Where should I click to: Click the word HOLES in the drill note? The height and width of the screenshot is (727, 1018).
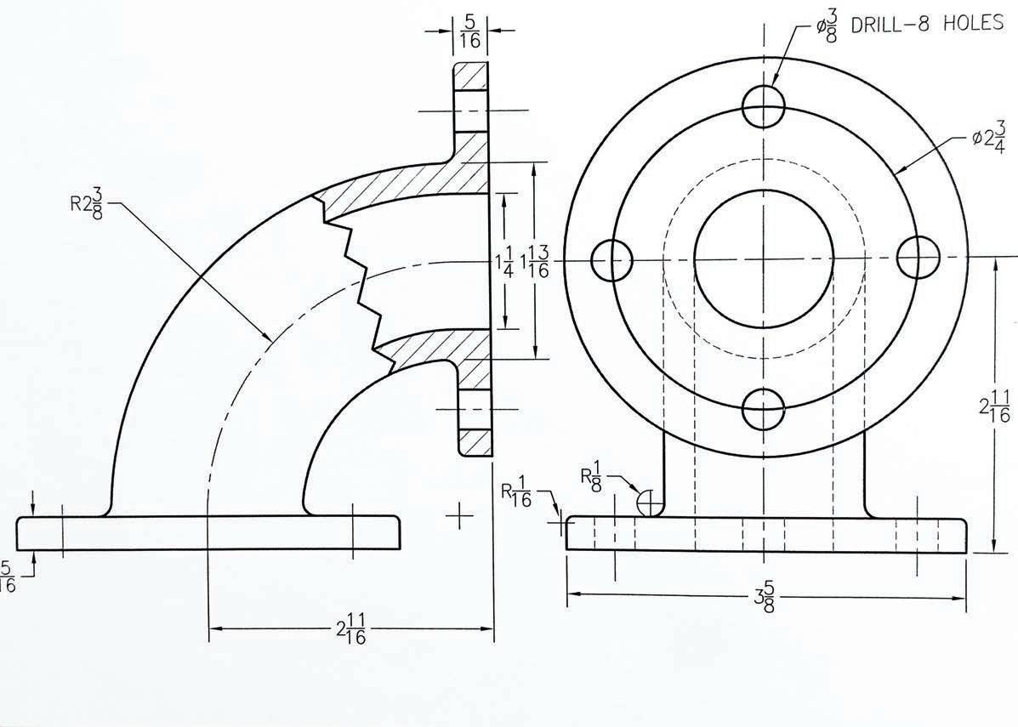point(973,23)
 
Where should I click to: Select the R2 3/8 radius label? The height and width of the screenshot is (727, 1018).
point(87,204)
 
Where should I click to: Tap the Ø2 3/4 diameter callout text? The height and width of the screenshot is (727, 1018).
point(988,139)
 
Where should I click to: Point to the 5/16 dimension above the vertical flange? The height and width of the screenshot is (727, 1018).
point(470,32)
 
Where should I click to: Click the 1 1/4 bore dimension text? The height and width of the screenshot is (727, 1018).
point(503,262)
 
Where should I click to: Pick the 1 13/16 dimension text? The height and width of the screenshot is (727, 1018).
point(534,262)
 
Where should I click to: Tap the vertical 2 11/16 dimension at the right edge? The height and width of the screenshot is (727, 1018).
point(994,406)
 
